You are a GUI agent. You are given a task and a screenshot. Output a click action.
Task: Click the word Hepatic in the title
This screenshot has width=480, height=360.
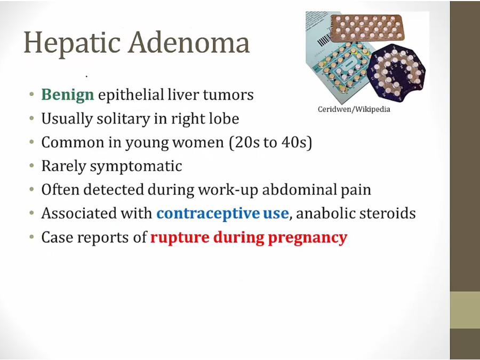coord(72,43)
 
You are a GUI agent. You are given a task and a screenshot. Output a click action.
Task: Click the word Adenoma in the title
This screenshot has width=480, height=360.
coord(189,42)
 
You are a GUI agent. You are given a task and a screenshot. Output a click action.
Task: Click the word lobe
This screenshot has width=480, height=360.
coord(224,118)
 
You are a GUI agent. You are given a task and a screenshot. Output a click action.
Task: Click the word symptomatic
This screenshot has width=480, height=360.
coord(136,166)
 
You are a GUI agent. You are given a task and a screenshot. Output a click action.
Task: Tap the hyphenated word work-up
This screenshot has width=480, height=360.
coord(228,190)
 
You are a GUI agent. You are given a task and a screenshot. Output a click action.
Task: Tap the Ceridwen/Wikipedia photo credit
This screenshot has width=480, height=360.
coord(354,109)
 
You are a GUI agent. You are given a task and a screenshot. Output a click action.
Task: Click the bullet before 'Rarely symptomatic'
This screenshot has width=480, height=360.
coord(31,166)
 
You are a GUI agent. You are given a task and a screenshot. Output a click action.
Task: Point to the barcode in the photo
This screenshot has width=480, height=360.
coord(324,39)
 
